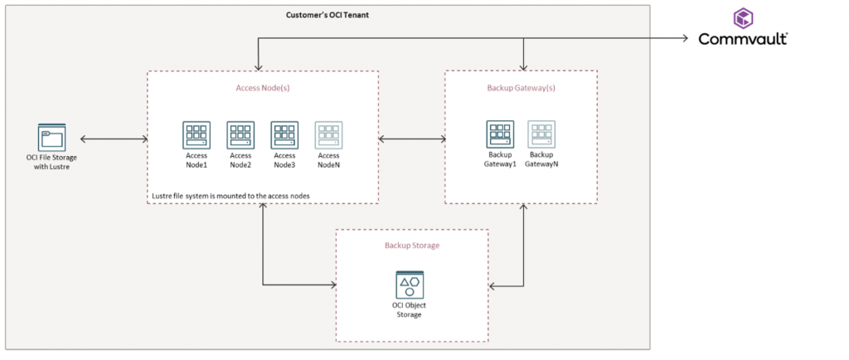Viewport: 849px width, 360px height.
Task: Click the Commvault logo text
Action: (x=742, y=39)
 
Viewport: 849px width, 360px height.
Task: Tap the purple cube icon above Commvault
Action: (x=742, y=17)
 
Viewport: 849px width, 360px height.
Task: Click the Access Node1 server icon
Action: (x=196, y=135)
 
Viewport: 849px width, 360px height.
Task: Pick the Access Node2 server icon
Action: (x=240, y=135)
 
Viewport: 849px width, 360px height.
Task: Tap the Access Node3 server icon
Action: (x=284, y=135)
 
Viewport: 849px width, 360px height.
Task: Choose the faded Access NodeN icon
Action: (x=328, y=135)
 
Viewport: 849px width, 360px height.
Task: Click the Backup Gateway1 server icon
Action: (x=500, y=135)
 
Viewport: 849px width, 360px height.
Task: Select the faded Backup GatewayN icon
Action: (x=541, y=135)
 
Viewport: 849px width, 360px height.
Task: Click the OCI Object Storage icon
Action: (x=409, y=287)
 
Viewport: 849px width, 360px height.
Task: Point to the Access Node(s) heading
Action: (x=262, y=86)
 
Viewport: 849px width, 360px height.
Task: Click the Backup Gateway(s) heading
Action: (x=521, y=86)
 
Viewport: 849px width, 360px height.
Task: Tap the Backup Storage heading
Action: (x=411, y=246)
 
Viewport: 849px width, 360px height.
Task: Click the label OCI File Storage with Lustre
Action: (x=51, y=163)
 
